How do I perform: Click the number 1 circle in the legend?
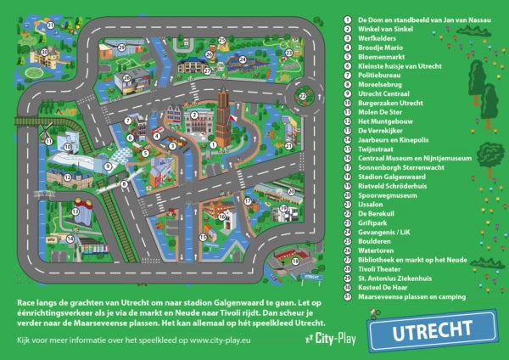348,17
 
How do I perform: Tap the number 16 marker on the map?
222,217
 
